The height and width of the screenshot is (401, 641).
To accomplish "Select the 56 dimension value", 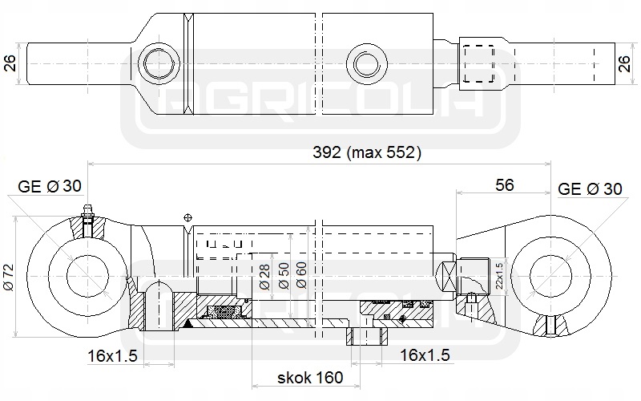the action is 504,185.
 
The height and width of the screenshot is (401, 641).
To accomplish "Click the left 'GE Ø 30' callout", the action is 50,187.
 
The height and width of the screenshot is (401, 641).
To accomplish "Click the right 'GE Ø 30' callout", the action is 589,189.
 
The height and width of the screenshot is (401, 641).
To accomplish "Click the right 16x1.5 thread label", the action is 425,354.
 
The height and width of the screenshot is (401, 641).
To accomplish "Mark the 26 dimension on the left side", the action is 10,63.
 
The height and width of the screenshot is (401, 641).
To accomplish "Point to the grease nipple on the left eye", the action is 87,217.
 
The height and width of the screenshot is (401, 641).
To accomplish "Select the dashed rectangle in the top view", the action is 478,63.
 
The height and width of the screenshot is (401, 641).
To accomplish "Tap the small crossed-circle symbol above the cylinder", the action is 187,217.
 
